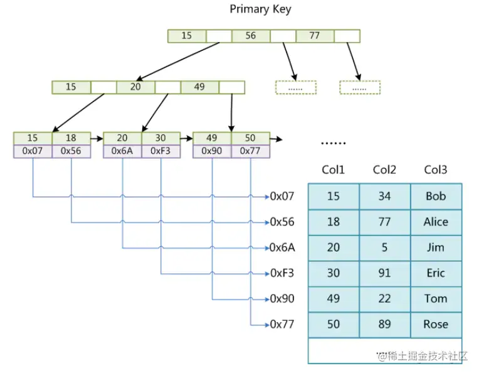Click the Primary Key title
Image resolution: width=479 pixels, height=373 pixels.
(260, 9)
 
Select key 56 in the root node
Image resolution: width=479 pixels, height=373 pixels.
(250, 36)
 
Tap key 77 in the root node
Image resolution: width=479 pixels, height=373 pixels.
(315, 36)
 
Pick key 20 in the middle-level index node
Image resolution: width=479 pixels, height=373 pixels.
(135, 87)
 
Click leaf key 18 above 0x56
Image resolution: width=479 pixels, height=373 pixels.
(71, 138)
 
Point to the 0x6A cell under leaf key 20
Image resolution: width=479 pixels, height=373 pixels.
(122, 151)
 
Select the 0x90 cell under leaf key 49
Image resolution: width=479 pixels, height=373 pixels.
(212, 151)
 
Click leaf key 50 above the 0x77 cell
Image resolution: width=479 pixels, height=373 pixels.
(251, 138)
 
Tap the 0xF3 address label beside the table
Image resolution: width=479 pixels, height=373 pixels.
(282, 273)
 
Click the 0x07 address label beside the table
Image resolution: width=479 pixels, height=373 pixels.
(282, 196)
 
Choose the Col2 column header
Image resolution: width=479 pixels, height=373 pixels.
(384, 170)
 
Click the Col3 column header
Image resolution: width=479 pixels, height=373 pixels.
(436, 170)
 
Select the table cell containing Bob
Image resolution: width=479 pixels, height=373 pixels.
(436, 196)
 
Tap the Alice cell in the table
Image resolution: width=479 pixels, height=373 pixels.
(436, 222)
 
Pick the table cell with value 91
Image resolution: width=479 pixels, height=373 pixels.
(384, 273)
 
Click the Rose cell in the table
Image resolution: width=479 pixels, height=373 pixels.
(436, 325)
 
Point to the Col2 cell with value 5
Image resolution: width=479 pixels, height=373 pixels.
(384, 247)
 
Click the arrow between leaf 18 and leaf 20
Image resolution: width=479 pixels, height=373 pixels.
(96, 138)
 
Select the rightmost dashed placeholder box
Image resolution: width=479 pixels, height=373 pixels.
(360, 88)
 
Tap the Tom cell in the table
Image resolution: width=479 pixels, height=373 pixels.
(436, 299)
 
